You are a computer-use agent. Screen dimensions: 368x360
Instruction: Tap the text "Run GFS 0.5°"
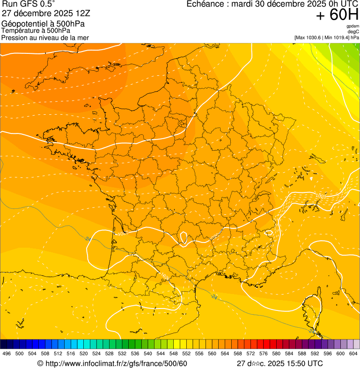click(29, 4)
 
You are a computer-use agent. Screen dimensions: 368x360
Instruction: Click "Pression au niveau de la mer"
click(45, 37)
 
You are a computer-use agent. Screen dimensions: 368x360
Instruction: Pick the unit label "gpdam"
click(353, 26)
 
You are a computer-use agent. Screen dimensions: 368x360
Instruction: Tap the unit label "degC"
click(353, 31)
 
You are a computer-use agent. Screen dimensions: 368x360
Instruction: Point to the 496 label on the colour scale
click(7, 354)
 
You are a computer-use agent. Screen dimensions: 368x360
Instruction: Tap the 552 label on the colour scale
click(186, 354)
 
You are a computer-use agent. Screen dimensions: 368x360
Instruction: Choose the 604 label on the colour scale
click(353, 354)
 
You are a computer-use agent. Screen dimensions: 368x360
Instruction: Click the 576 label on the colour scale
click(263, 354)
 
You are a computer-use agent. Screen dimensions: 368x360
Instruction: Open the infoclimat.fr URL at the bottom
click(117, 363)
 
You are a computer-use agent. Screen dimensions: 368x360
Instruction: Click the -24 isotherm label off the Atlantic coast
click(88, 239)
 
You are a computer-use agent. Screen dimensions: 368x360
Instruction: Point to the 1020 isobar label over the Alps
click(320, 196)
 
